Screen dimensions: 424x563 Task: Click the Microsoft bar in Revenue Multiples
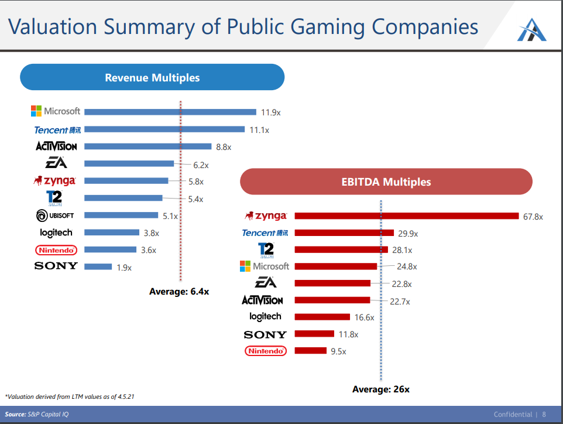click(x=170, y=112)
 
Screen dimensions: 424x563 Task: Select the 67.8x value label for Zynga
click(x=533, y=217)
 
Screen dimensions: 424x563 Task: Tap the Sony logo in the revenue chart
click(x=56, y=266)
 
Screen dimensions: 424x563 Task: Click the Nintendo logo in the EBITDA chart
click(x=266, y=351)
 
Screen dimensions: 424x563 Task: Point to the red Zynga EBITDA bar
click(x=407, y=216)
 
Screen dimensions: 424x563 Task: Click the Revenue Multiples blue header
click(x=152, y=77)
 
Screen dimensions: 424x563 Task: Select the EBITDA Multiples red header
click(x=386, y=182)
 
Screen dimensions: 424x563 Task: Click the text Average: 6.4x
click(x=179, y=292)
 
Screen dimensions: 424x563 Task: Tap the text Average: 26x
click(x=381, y=389)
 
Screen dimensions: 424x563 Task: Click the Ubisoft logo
click(x=55, y=216)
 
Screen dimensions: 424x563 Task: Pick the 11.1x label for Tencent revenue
click(x=259, y=130)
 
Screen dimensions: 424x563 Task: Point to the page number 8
click(x=544, y=415)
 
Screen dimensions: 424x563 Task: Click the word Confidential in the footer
click(x=513, y=415)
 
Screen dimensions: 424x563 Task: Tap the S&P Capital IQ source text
click(x=48, y=415)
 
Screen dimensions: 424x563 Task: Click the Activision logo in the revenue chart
click(x=56, y=146)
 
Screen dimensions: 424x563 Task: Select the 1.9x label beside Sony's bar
click(x=124, y=268)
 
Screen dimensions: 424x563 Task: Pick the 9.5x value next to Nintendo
click(x=338, y=351)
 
